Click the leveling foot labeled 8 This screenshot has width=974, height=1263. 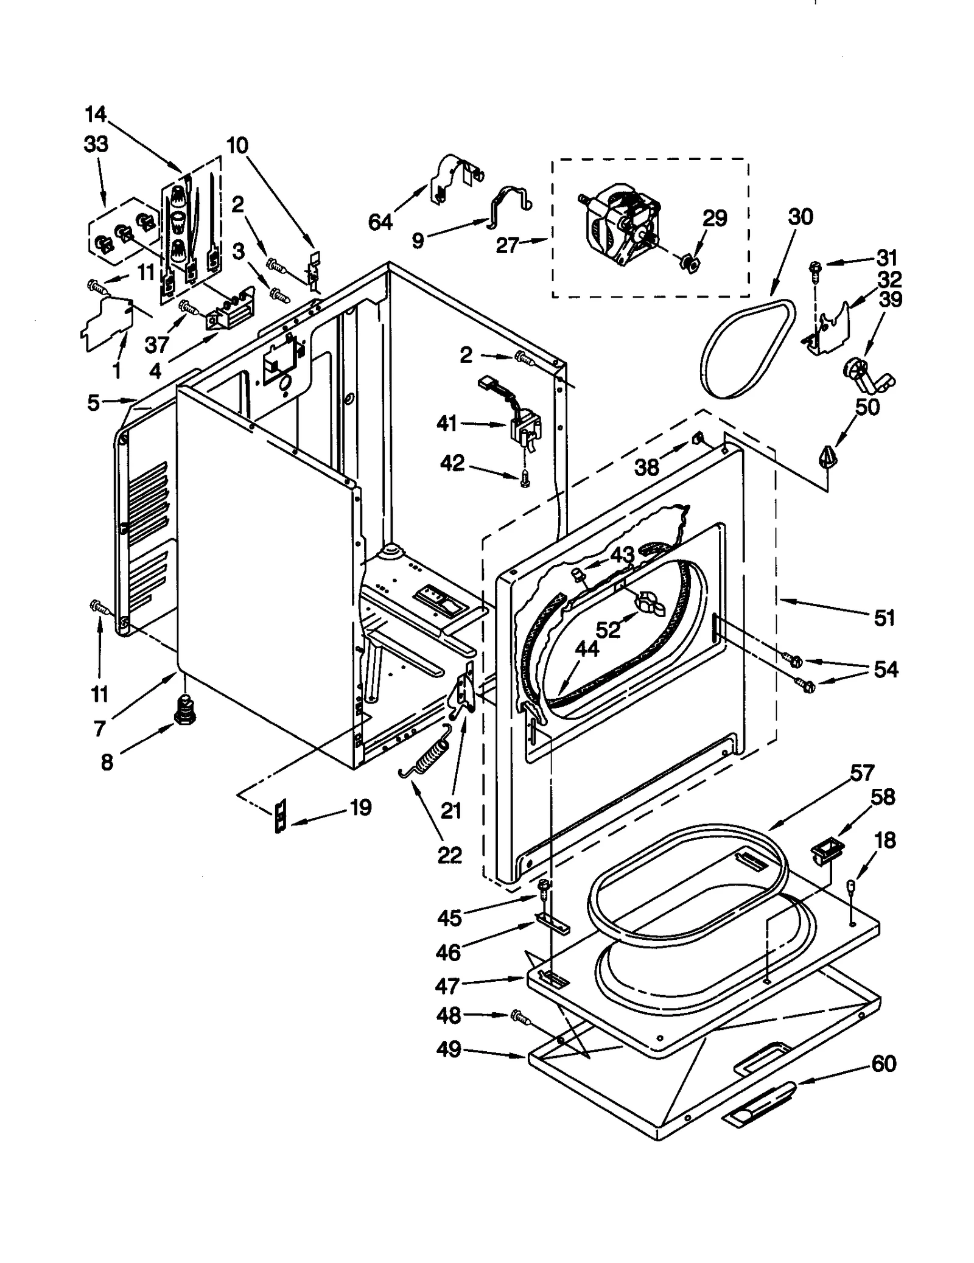click(183, 711)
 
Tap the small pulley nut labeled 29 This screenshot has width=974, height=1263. click(690, 263)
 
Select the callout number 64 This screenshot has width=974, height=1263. click(380, 223)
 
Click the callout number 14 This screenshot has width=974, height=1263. click(96, 114)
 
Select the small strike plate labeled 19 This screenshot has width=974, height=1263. click(280, 816)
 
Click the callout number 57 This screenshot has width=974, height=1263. click(862, 772)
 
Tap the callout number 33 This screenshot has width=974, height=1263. click(96, 144)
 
